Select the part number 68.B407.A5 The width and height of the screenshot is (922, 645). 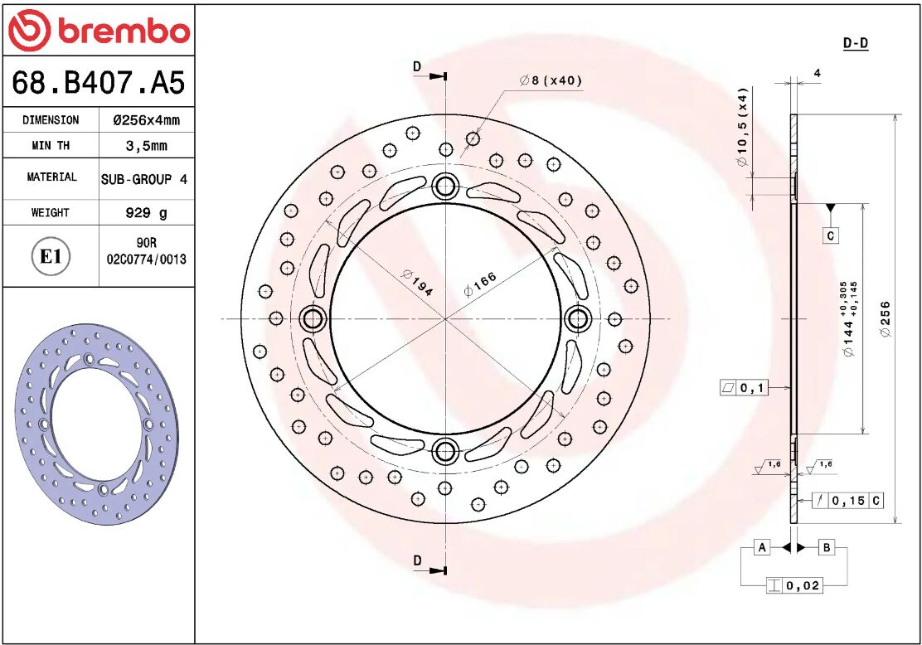tap(98, 83)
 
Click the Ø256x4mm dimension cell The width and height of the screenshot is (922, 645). tap(146, 120)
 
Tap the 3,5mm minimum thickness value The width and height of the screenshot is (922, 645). tap(146, 146)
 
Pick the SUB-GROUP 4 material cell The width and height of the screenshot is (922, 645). tap(144, 179)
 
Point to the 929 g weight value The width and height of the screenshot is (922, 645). tap(146, 213)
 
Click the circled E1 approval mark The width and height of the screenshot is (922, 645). tap(51, 257)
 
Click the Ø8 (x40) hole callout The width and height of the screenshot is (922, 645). tap(551, 80)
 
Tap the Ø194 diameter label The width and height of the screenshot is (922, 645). tap(417, 282)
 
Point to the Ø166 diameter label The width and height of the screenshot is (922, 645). tap(480, 284)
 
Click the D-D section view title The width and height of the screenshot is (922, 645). tap(855, 43)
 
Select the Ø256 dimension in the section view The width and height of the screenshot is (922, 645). tap(886, 318)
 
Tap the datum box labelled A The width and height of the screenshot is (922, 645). tap(762, 547)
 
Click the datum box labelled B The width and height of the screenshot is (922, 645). tap(827, 547)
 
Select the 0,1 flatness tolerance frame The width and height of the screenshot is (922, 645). tap(745, 387)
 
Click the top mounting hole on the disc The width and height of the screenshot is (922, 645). tap(446, 187)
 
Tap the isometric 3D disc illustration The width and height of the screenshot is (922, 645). tap(97, 425)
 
